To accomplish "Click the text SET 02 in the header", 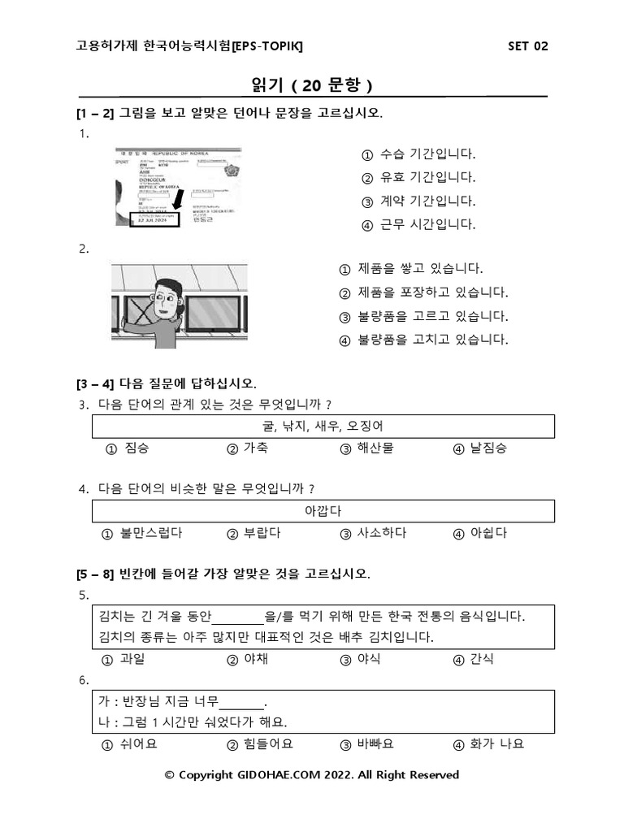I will pyautogui.click(x=527, y=45).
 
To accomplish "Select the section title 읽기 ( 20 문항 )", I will pyautogui.click(x=312, y=85).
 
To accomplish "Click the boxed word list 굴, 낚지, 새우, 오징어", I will pyautogui.click(x=323, y=426).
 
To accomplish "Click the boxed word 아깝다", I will pyautogui.click(x=323, y=511).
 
